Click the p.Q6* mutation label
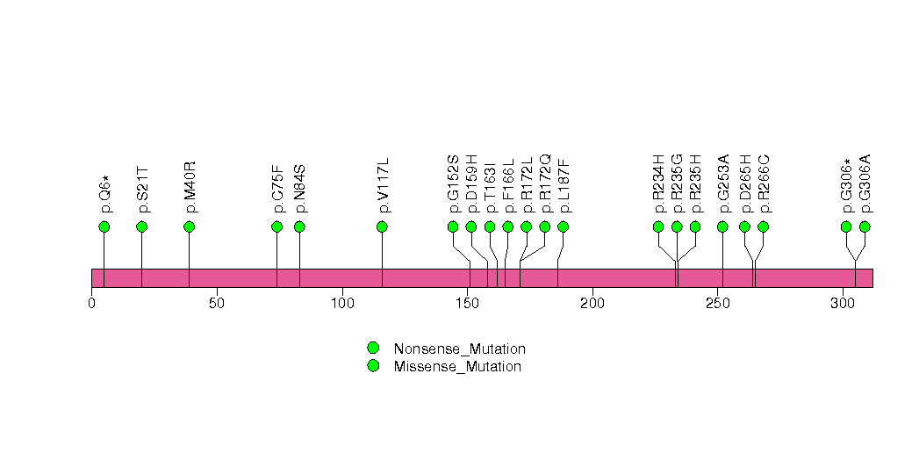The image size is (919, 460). pyautogui.click(x=105, y=193)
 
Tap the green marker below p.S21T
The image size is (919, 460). pyautogui.click(x=142, y=227)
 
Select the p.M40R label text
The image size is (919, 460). pyautogui.click(x=190, y=187)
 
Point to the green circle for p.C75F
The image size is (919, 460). pyautogui.click(x=277, y=227)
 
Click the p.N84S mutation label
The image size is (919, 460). pyautogui.click(x=300, y=189)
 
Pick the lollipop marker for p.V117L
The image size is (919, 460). pyautogui.click(x=383, y=227)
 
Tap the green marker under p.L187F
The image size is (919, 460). pyautogui.click(x=564, y=227)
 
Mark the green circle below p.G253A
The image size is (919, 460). pyautogui.click(x=723, y=227)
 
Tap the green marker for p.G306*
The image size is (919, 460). pyautogui.click(x=847, y=227)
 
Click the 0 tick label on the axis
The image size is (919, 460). pyautogui.click(x=91, y=304)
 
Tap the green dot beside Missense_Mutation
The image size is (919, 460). pyautogui.click(x=373, y=366)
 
